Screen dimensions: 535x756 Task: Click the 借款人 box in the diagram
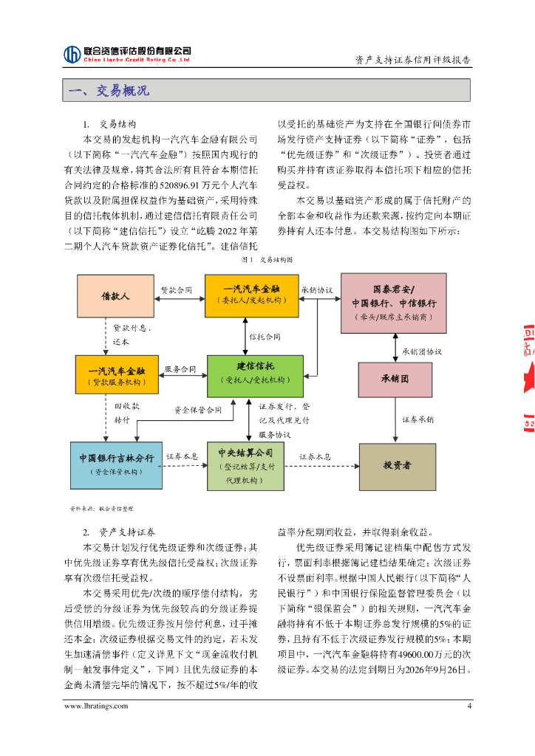pos(115,296)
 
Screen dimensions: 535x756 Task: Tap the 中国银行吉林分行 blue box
pos(116,464)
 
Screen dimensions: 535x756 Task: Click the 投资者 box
pos(397,465)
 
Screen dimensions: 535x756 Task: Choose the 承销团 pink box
pos(395,379)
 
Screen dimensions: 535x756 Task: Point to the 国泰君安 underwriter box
pos(393,303)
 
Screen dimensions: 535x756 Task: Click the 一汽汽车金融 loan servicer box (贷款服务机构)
pos(117,374)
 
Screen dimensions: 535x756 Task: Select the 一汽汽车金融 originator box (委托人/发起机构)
pos(251,295)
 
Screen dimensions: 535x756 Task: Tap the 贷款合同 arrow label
pos(177,290)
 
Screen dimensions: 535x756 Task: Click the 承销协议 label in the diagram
pos(316,290)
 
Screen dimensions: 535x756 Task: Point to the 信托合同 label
pos(265,337)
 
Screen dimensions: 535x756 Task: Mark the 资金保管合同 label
pos(197,410)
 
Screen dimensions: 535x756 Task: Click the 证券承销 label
pos(418,419)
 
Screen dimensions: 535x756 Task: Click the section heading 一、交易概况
pos(109,91)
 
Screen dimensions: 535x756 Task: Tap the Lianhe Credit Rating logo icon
pos(72,54)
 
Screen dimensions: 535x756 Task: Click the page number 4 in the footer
pos(468,706)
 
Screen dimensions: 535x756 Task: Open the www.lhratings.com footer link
pos(96,706)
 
